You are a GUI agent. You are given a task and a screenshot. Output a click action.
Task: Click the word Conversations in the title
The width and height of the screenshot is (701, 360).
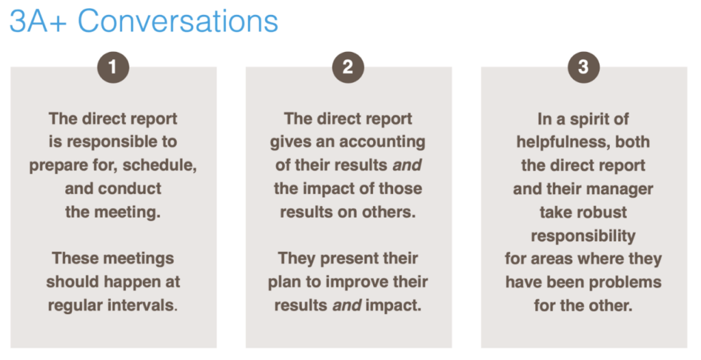point(178,21)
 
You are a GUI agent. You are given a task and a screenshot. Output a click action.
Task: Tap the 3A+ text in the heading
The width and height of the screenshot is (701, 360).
point(38,21)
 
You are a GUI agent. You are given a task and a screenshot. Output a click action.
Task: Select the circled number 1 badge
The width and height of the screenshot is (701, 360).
point(113,68)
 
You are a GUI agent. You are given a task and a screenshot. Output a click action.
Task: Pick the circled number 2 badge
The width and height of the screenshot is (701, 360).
point(348,68)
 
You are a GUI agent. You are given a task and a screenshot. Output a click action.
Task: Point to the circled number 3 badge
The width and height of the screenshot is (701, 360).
point(583,68)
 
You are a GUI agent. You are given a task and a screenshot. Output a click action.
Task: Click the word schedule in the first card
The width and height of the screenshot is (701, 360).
point(159,165)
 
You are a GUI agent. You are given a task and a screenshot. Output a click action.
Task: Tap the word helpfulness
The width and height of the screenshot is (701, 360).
point(564,142)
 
